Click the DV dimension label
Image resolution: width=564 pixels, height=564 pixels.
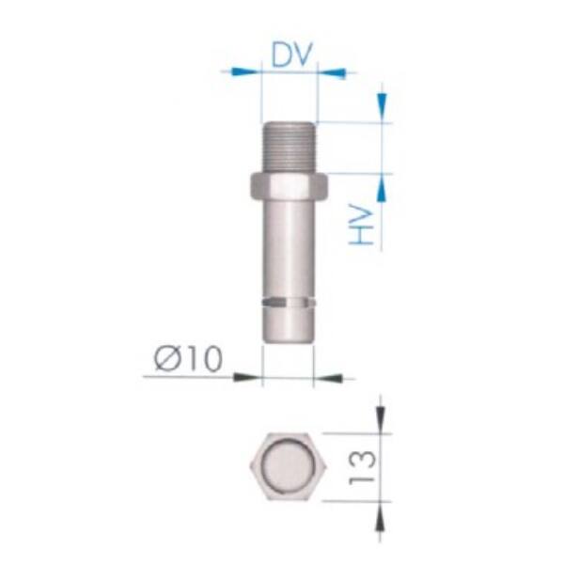click(290, 55)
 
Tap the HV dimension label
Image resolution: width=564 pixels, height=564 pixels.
click(362, 225)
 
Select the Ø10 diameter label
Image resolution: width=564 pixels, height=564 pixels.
click(189, 358)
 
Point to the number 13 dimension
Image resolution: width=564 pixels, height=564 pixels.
click(362, 467)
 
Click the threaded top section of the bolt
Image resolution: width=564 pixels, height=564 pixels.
click(289, 147)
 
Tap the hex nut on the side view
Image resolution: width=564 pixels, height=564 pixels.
click(289, 185)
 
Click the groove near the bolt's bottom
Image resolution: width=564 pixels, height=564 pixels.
click(289, 303)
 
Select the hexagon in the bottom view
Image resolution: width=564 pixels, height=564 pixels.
click(289, 466)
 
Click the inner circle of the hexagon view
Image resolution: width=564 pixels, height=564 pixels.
click(289, 466)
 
